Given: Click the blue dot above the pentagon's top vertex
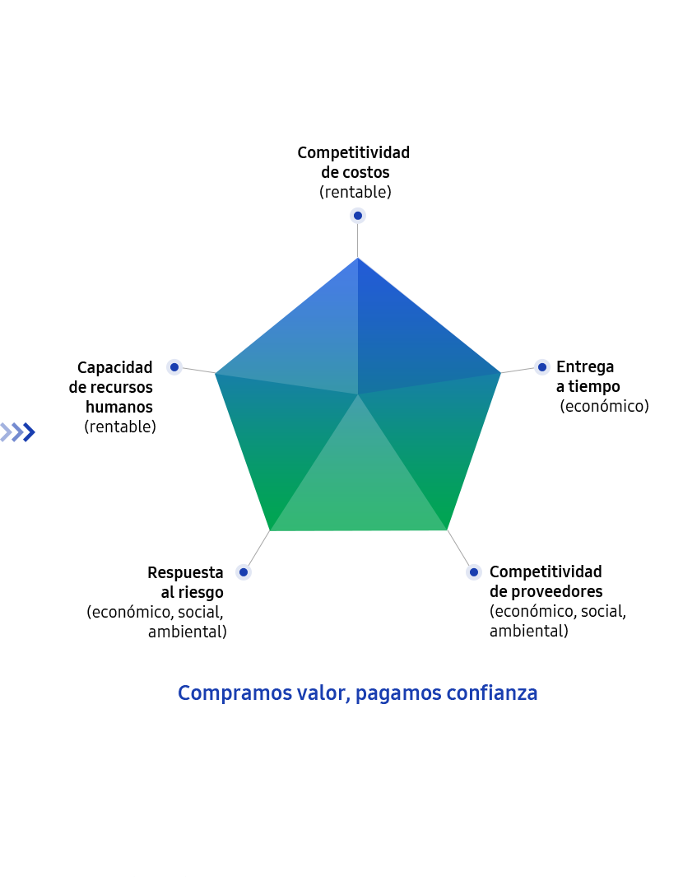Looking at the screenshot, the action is [x=358, y=215].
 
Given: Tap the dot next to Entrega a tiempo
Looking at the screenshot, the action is [x=542, y=367].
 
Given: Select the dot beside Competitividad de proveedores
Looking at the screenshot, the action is [x=474, y=572].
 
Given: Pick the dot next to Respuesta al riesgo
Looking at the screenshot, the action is [x=243, y=572].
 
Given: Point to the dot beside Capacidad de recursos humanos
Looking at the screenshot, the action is [x=174, y=367].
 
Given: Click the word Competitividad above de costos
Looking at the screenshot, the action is [x=353, y=152].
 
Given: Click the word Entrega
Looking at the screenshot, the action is [x=585, y=367].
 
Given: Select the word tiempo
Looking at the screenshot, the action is [x=594, y=386].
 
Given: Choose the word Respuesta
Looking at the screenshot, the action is [x=185, y=573].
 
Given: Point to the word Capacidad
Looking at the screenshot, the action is [x=114, y=367].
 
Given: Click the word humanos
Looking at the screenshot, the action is [x=119, y=407].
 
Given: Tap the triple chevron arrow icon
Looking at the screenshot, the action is [x=18, y=432].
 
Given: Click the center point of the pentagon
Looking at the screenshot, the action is [x=358, y=394].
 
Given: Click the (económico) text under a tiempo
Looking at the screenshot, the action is [x=605, y=406].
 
